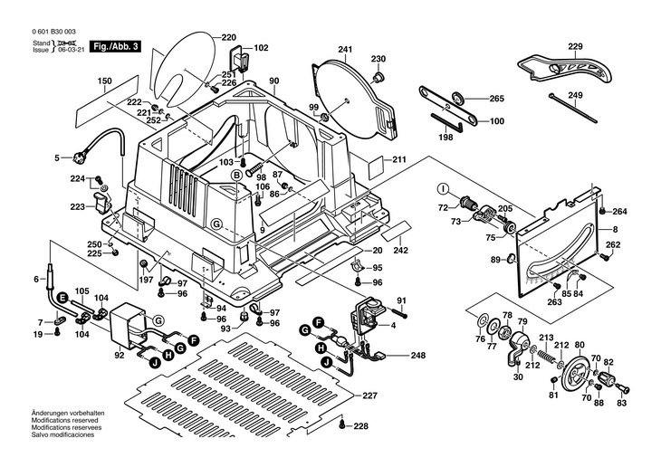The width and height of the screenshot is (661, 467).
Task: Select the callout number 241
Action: pos(345,49)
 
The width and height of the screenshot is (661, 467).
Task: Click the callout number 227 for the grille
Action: pos(369,395)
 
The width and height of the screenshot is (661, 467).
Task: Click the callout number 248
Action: pos(417,356)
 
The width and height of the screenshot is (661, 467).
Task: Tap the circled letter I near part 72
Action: pos(443,188)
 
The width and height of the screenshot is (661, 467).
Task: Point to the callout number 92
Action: pos(119,356)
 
